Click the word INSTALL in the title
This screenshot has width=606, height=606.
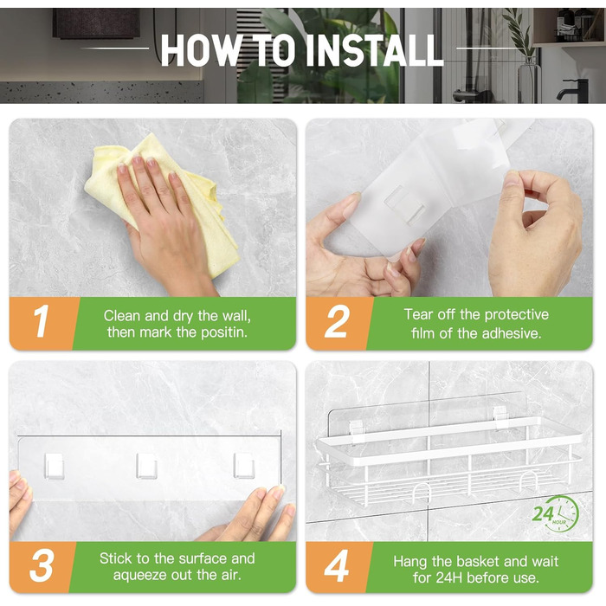pos(374,50)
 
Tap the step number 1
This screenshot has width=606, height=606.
pos(42,321)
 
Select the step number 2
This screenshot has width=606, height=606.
pos(337,321)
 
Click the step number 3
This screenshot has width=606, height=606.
pos(41,566)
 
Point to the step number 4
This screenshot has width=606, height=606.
pos(336,566)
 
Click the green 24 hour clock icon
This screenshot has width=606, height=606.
pos(556,513)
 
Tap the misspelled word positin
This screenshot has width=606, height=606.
pos(223,332)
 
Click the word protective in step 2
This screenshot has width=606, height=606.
pos(516,315)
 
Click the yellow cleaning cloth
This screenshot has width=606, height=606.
pos(163,201)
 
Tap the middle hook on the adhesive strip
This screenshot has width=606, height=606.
pos(146,466)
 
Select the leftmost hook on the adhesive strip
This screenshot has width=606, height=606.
pos(54,466)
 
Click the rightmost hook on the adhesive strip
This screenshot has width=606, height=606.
pos(244,465)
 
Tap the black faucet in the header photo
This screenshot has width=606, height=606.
pos(574,91)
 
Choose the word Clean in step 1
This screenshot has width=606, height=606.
pos(122,316)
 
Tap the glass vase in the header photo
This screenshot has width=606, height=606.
pos(529,80)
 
